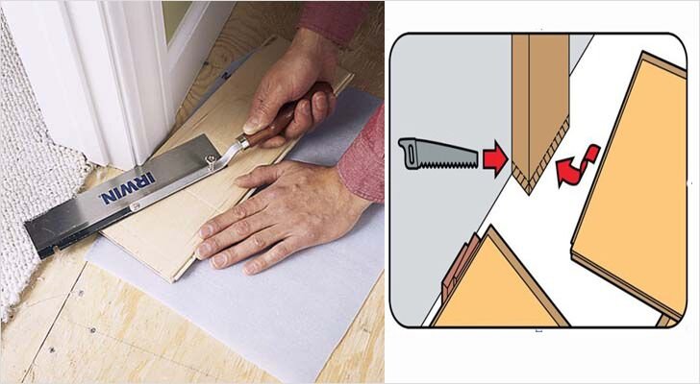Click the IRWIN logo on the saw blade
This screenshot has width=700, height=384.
coord(128,189)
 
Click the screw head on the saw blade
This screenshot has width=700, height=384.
coord(209,158)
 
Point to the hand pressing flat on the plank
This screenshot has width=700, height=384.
coord(281,215)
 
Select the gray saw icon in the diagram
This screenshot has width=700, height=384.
coord(437,155)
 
